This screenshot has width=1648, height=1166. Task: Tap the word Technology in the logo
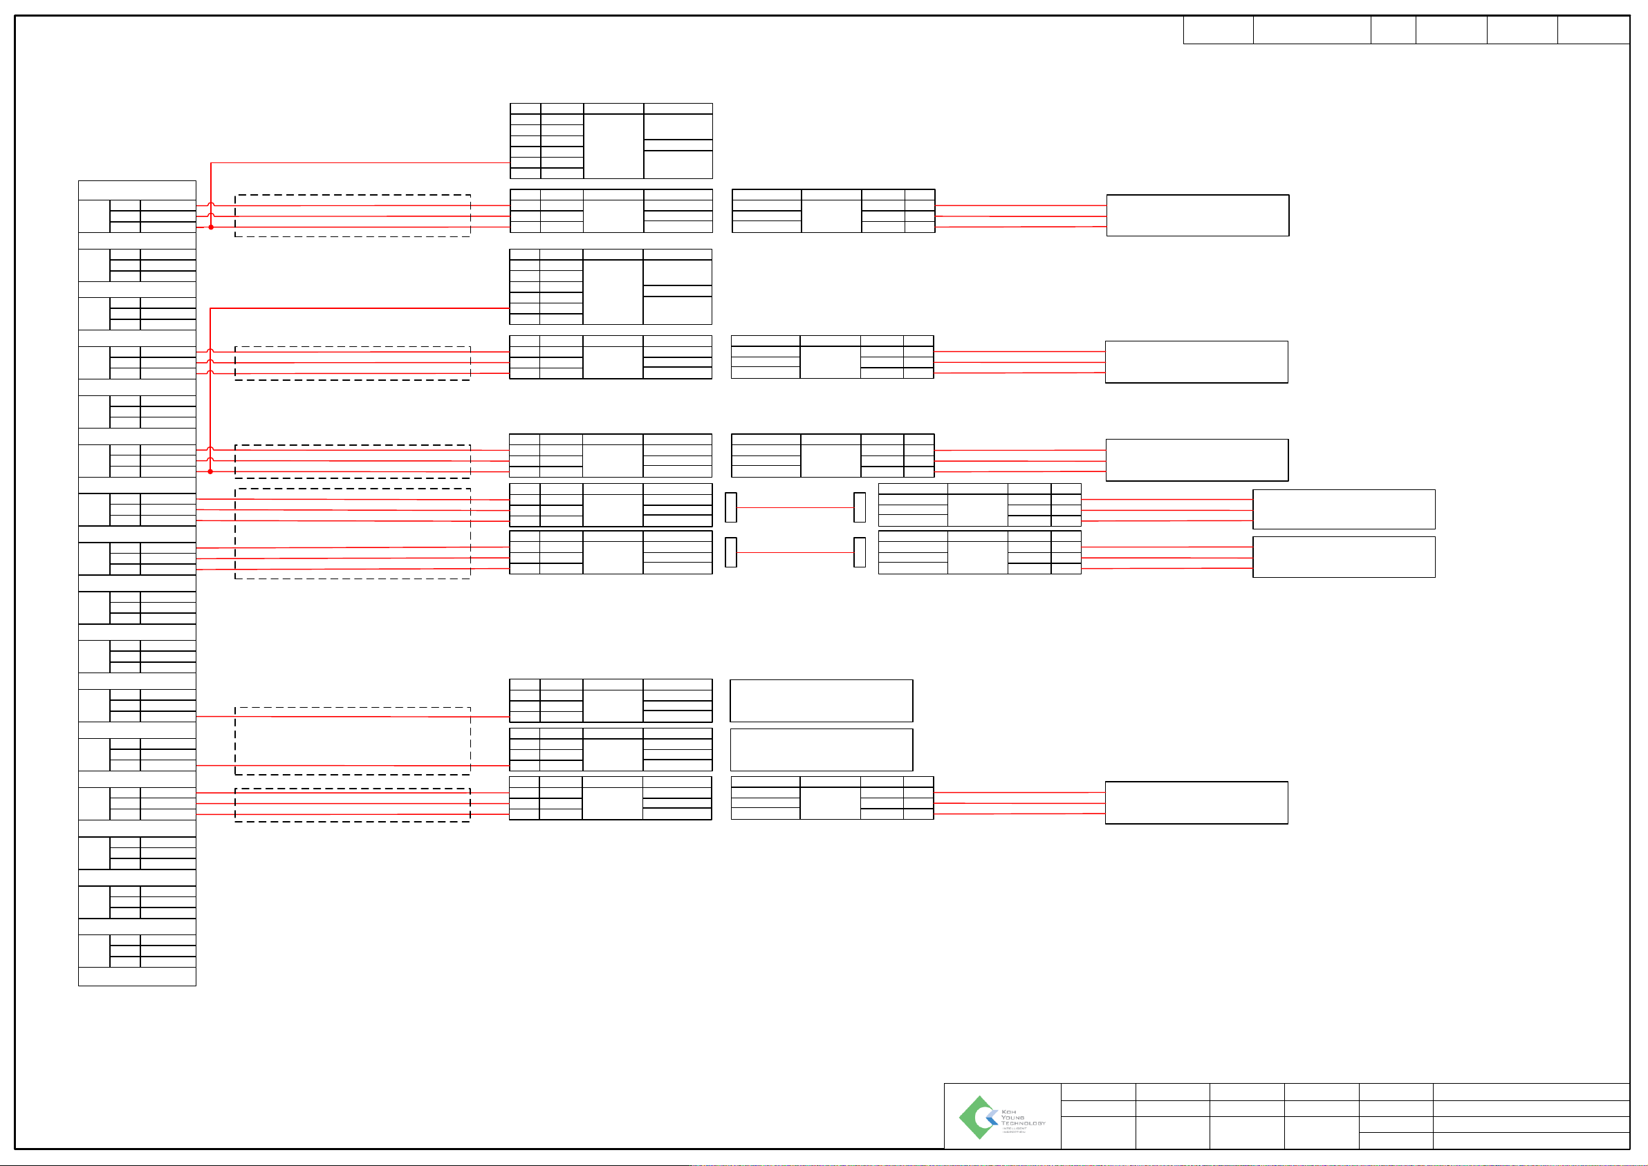tap(1023, 1123)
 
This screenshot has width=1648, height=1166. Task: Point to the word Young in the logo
tap(1012, 1117)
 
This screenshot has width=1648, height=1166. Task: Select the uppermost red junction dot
tap(211, 227)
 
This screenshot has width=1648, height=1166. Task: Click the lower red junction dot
tap(210, 471)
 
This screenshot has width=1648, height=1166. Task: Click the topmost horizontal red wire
tap(359, 163)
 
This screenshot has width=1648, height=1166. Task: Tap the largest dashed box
tap(352, 534)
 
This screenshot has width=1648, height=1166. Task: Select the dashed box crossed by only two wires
tap(352, 741)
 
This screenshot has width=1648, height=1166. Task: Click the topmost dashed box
tap(352, 216)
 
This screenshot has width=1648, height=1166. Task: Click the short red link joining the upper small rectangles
tap(795, 507)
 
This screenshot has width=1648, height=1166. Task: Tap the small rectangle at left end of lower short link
tap(730, 552)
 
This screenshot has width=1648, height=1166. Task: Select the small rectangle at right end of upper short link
tap(859, 507)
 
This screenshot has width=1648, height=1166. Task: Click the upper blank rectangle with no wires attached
tap(821, 701)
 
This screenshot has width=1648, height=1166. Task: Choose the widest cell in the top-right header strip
tap(1312, 30)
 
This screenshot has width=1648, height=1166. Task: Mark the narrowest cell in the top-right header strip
tap(1393, 30)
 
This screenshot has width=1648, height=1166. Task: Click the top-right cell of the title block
tap(1530, 1091)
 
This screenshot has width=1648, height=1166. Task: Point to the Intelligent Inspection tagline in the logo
tap(1014, 1130)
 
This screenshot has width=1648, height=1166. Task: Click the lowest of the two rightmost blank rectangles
tap(1344, 557)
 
